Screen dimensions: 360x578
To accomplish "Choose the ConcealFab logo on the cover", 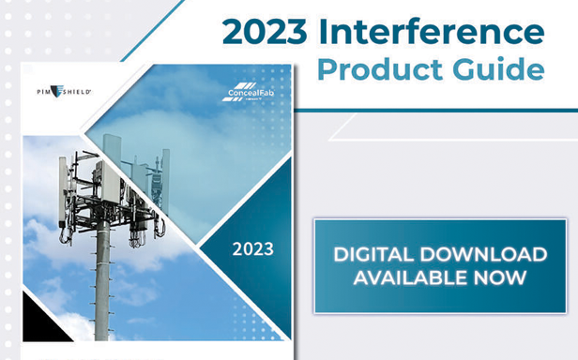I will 247,93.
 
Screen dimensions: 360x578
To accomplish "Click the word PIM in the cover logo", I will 44,91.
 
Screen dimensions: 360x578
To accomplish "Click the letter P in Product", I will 326,70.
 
